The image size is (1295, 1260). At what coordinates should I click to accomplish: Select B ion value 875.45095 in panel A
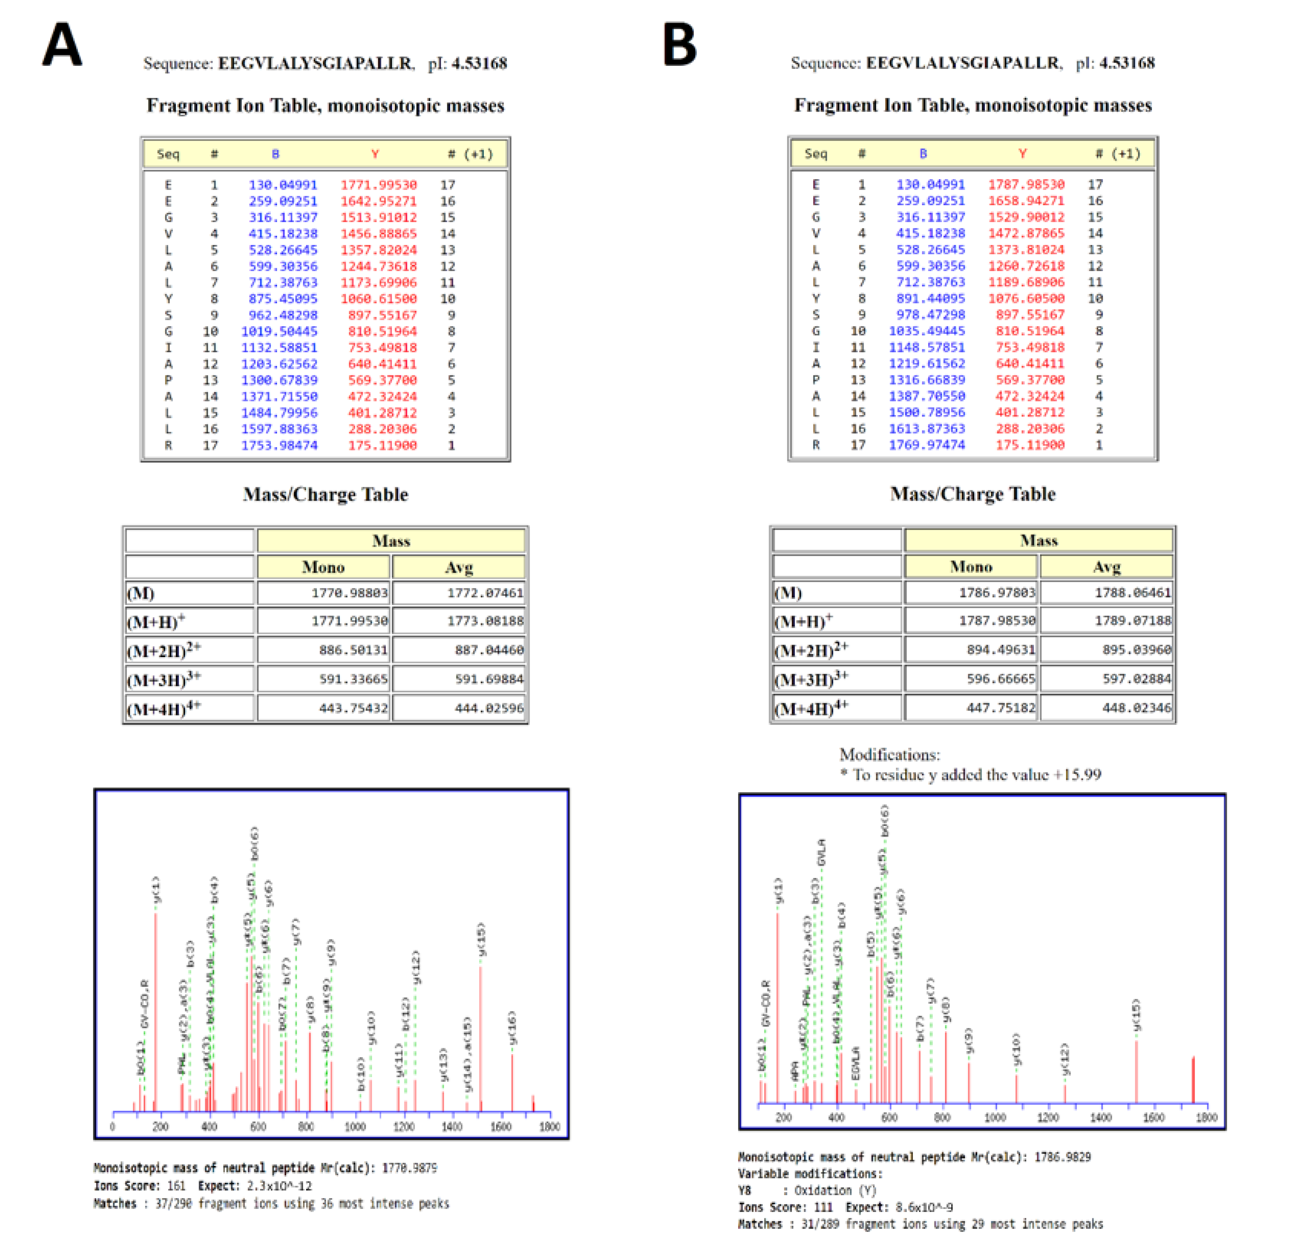coord(283,298)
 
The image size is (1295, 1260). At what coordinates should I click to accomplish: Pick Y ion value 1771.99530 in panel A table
coord(379,184)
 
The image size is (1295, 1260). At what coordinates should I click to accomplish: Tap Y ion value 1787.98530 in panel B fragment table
coord(1026,184)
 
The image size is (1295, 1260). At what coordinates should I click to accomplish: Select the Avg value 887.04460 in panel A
coord(489,650)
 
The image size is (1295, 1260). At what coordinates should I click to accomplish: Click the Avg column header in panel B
coord(1106,566)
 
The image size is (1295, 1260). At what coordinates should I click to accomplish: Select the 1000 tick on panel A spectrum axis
coord(355,1126)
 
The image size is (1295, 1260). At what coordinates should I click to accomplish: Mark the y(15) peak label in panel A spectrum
coord(481,938)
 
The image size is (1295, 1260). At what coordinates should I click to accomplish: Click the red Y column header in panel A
coord(375,154)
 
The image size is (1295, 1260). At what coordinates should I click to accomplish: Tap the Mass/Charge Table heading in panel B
coord(973,494)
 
